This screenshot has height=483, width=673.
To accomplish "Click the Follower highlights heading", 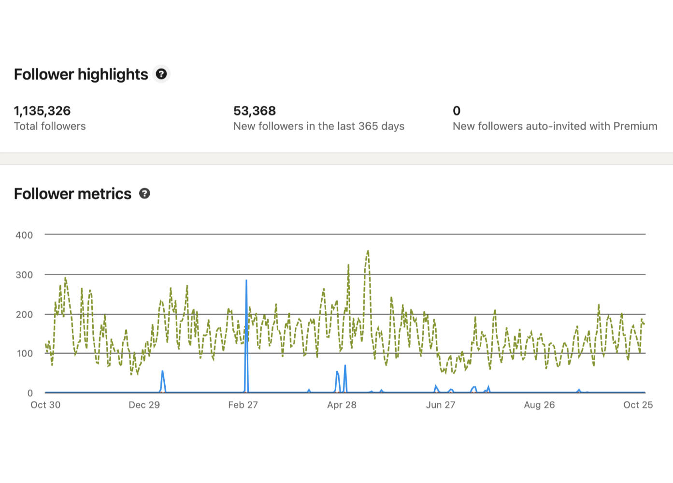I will coord(81,74).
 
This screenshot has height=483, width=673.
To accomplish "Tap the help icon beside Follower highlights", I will coord(161,74).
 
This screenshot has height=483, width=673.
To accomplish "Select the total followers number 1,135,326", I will coord(42,111).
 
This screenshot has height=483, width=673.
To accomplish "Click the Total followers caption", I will coord(50,126).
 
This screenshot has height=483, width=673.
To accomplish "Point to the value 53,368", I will coord(255,111).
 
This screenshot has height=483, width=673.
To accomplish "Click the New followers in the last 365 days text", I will coord(318,126).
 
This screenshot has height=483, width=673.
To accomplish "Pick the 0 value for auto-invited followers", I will coord(457,111).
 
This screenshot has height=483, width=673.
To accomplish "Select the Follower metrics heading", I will coord(72,194).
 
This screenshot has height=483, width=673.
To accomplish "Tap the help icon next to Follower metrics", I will coord(144,193).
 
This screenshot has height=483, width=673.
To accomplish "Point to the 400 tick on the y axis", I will coord(24,235).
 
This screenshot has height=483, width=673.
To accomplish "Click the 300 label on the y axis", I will coord(24,275).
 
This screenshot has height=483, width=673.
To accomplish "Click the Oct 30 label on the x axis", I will coord(45,405).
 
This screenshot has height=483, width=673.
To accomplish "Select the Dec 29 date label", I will coord(144,405).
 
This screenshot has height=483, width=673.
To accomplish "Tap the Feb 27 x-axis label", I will coord(243,405).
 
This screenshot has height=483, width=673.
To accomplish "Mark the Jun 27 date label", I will coord(441,405).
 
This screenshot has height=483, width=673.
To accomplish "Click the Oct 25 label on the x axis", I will coord(638,405).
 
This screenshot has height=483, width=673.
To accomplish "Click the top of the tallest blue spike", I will coord(246,280).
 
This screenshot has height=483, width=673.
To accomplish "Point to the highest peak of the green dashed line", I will coord(368,251).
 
